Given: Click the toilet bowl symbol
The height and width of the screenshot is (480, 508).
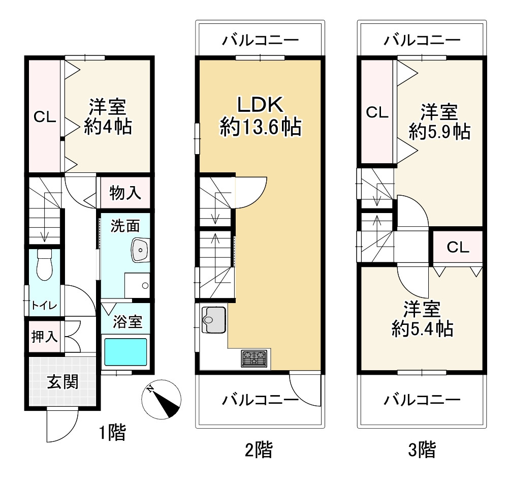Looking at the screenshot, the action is click(x=44, y=264).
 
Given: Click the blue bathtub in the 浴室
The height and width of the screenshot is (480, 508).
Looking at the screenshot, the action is click(x=125, y=352).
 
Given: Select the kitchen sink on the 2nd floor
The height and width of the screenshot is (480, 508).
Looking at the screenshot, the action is click(x=214, y=320).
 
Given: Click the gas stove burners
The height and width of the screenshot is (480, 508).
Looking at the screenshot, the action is click(x=255, y=358).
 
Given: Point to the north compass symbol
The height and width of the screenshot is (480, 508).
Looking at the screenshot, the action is click(x=162, y=399).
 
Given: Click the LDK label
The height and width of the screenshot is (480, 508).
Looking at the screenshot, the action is click(x=261, y=104).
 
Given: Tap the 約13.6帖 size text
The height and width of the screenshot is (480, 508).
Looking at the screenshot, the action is click(x=261, y=127).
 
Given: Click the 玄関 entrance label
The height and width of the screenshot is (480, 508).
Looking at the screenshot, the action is click(x=63, y=381).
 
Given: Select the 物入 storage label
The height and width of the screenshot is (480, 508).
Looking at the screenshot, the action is click(x=125, y=193).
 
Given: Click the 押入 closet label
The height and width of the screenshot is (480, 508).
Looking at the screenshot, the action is click(x=45, y=336).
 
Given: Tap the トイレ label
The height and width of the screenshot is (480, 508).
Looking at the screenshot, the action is click(x=44, y=305).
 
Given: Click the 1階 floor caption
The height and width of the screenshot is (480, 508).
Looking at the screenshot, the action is click(x=112, y=432).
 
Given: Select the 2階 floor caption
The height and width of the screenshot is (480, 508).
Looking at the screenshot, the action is click(x=259, y=449).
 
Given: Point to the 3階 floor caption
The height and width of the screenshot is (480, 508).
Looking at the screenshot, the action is click(x=422, y=449).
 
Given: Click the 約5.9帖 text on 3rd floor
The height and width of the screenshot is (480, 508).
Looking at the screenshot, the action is click(x=439, y=132).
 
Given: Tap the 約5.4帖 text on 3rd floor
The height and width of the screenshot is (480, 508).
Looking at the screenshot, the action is click(x=423, y=328).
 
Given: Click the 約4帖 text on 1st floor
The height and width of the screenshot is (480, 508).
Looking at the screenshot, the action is click(x=108, y=127).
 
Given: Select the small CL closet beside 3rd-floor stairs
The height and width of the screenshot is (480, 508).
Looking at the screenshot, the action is click(x=458, y=248).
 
